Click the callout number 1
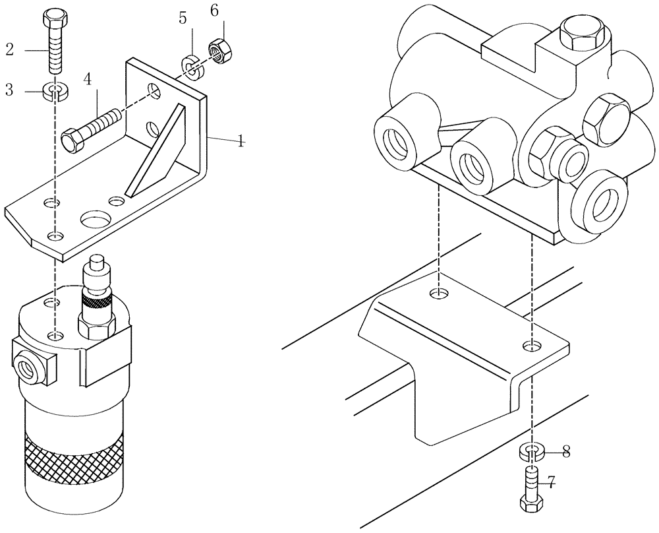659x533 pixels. [x=241, y=141]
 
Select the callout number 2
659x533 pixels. [x=10, y=48]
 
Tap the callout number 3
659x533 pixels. [x=10, y=90]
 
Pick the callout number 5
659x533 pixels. [x=183, y=18]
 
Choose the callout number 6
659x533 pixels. [x=214, y=11]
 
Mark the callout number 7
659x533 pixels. [x=552, y=484]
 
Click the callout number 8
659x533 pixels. [x=565, y=453]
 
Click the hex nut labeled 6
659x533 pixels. [x=217, y=49]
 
